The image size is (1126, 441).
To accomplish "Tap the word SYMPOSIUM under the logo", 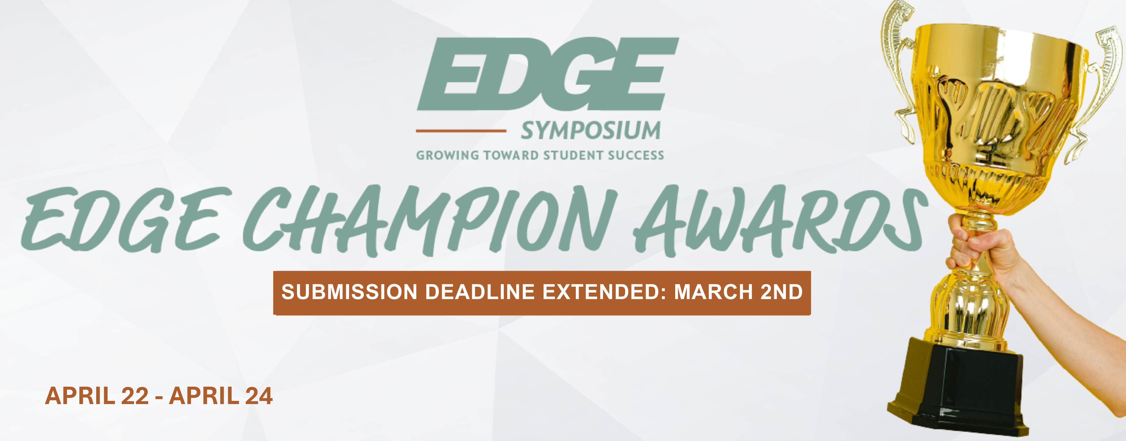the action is click(x=591, y=131).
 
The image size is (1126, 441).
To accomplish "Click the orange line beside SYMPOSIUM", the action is click(x=461, y=131).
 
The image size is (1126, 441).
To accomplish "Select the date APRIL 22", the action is click(x=97, y=396).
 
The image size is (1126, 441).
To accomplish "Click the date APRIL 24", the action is click(x=221, y=396).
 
